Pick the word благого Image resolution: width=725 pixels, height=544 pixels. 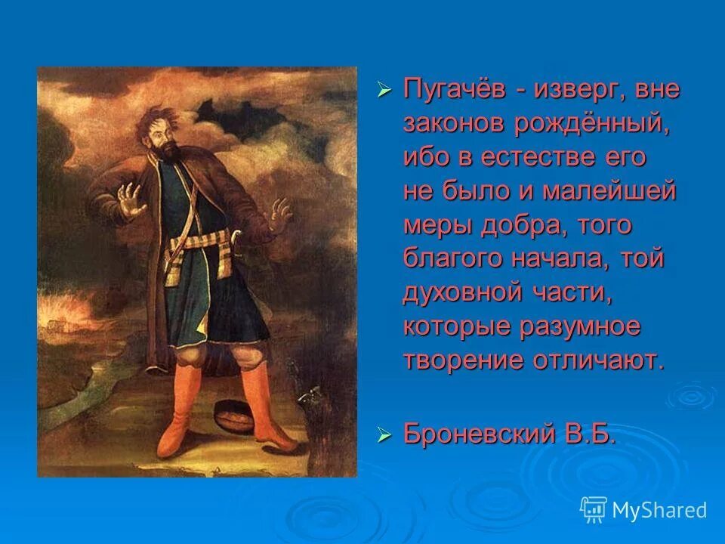pyautogui.click(x=452, y=259)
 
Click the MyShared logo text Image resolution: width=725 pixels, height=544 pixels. pyautogui.click(x=659, y=511)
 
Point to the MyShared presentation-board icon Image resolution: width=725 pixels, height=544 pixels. pyautogui.click(x=594, y=510)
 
